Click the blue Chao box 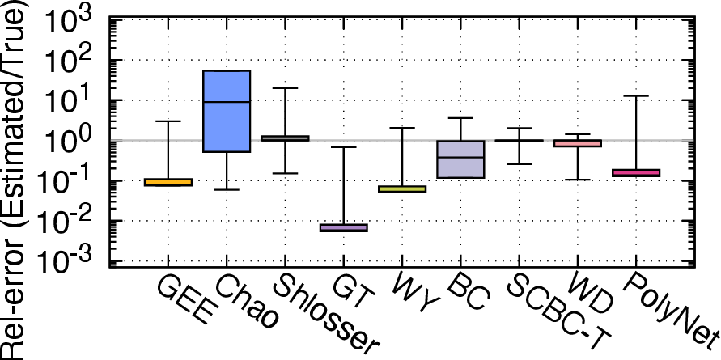click(227, 111)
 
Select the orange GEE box click(168, 182)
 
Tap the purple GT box click(343, 227)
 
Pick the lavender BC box click(460, 159)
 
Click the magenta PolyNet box click(635, 173)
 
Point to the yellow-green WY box click(402, 189)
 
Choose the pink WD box click(577, 143)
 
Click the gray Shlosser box click(285, 138)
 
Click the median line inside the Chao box click(227, 102)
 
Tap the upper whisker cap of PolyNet click(635, 95)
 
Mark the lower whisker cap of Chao click(227, 189)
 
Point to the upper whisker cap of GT click(343, 147)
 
